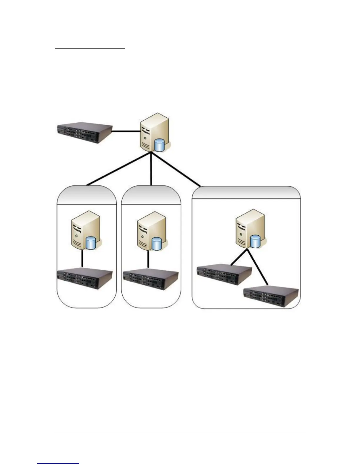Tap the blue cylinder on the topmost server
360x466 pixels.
(159, 145)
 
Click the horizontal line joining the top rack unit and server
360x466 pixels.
(126, 132)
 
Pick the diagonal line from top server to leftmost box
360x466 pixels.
(119, 169)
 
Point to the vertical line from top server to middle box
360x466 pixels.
(151, 169)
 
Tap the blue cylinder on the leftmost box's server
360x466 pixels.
(91, 243)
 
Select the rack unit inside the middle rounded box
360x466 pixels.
(151, 279)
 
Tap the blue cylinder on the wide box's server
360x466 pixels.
(255, 242)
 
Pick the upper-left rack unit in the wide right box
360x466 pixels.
(224, 275)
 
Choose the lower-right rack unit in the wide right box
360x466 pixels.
(271, 297)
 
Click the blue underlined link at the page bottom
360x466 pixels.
(58, 464)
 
